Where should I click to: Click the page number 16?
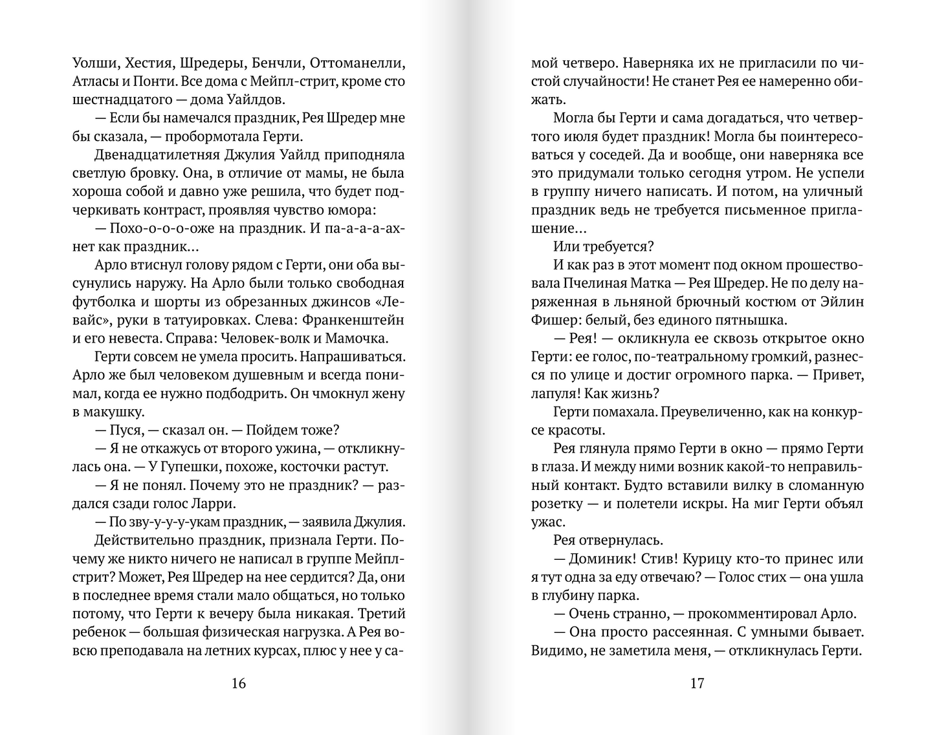tap(238, 683)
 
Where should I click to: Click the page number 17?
tap(696, 683)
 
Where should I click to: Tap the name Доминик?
tap(600, 559)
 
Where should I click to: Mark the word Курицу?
tap(712, 559)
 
